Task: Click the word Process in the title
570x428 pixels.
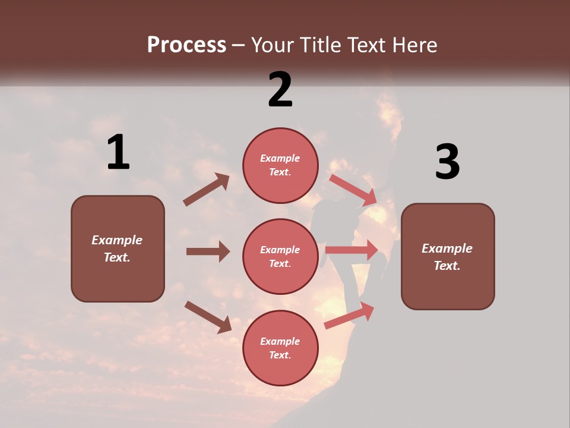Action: [x=186, y=45]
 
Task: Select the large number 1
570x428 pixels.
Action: [x=118, y=153]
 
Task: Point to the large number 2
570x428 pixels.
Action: [x=280, y=90]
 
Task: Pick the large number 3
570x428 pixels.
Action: [x=447, y=162]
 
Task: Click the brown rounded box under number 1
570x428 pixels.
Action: [x=118, y=248]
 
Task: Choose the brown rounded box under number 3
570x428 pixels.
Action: [x=448, y=256]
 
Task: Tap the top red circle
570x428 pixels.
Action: [x=280, y=165]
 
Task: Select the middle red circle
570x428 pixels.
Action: [x=280, y=256]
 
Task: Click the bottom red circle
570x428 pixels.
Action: [x=280, y=348]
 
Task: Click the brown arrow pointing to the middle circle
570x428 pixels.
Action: [x=208, y=251]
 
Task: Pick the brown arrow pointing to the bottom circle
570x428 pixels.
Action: [x=208, y=316]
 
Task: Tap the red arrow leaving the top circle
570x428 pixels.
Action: [x=353, y=190]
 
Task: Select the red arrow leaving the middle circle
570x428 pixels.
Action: [x=351, y=250]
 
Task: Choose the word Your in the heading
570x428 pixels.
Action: [x=274, y=45]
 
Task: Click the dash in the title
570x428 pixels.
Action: [x=239, y=46]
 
